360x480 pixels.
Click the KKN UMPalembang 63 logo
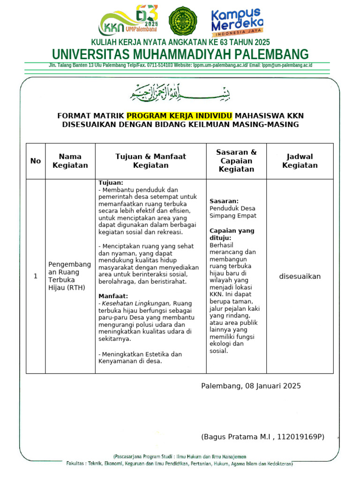(x=128, y=21)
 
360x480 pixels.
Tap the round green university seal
(x=183, y=21)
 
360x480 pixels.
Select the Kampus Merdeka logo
(x=237, y=22)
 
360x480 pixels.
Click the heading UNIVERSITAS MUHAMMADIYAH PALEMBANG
(x=180, y=54)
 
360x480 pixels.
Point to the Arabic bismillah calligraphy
(x=180, y=92)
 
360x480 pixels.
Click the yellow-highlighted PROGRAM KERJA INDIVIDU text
(x=180, y=115)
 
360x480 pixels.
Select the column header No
(x=36, y=161)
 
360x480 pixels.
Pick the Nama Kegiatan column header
(x=70, y=161)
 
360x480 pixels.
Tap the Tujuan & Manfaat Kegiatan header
(x=150, y=161)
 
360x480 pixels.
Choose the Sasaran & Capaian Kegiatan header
(x=236, y=161)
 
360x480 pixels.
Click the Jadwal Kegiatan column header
(x=300, y=161)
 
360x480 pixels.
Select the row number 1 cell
(x=36, y=276)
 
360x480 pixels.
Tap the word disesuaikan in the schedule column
(x=300, y=276)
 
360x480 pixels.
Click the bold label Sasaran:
(x=224, y=201)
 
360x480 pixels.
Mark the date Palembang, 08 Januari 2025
(x=251, y=386)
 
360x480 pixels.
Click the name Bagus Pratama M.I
(x=237, y=437)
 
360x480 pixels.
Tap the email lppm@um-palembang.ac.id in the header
(x=287, y=65)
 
